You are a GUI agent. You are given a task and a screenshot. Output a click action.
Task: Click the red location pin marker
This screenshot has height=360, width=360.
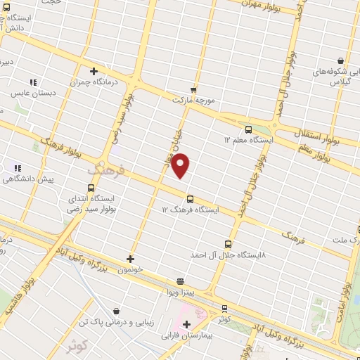coord(181,165)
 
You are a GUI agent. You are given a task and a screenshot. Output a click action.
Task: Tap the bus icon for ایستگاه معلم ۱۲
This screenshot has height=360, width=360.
coord(248,129)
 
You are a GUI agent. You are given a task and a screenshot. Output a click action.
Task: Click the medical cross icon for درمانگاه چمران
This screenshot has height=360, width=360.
coord(94,71)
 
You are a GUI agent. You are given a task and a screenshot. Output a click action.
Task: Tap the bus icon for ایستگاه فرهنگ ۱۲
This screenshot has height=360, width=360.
coord(190,200)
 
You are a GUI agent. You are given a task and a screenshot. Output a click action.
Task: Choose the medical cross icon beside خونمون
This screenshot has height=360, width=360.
coord(130,259)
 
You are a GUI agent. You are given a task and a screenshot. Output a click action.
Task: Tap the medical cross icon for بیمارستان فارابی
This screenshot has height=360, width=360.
coord(186,324)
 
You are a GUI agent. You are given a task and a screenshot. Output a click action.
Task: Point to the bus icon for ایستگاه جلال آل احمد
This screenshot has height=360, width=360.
coord(226,243)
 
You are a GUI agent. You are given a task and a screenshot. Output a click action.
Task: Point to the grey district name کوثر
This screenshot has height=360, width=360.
coord(78,347)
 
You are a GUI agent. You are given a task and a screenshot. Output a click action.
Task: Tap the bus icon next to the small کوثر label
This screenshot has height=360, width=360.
coord(224,308)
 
